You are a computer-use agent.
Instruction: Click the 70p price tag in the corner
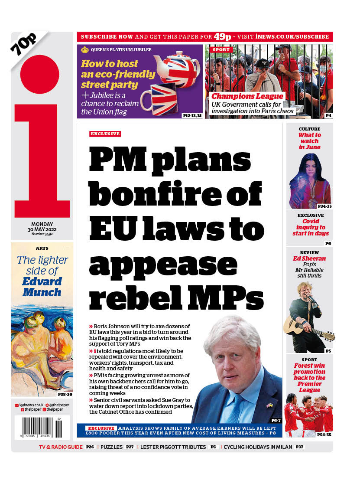pos(24,44)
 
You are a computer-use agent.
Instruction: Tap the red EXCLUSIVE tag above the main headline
pos(105,134)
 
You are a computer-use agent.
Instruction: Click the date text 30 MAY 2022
pos(42,229)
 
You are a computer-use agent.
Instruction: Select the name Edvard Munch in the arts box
pos(42,287)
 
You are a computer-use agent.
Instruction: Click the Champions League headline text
pos(247,96)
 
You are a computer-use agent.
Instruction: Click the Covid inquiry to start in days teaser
pos(309,227)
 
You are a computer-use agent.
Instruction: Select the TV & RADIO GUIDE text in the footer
pos(61,447)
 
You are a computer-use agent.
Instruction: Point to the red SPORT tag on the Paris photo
pos(221,50)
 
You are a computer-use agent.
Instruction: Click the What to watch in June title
pos(309,141)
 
